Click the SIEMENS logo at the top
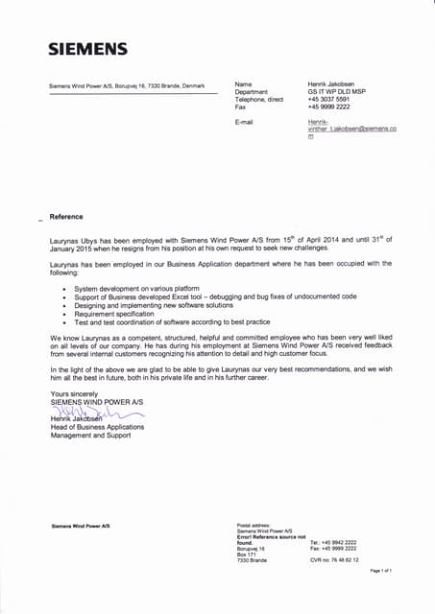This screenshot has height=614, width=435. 88,49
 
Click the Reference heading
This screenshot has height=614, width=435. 66,217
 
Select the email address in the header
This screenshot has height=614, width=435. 351,130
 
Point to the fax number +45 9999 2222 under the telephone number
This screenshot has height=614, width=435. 328,106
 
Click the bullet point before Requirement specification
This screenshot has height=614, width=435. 63,314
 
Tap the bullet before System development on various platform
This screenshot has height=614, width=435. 63,288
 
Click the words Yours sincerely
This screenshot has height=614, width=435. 73,394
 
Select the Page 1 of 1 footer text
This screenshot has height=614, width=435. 381,571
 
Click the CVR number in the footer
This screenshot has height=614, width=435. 334,559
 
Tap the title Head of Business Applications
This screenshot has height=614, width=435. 96,427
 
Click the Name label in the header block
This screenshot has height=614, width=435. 243,84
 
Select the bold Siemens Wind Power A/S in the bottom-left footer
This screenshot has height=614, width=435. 80,526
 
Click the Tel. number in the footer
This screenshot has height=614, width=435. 333,542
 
